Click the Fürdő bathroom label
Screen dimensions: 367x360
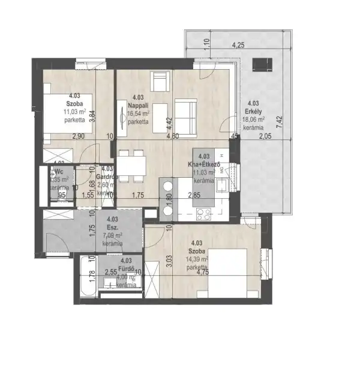pos(126,270)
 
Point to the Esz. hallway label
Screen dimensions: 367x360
pos(111,228)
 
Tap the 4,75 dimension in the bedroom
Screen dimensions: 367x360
pos(218,271)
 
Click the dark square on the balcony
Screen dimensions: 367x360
pos(262,63)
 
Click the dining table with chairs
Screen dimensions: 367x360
pos(131,165)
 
